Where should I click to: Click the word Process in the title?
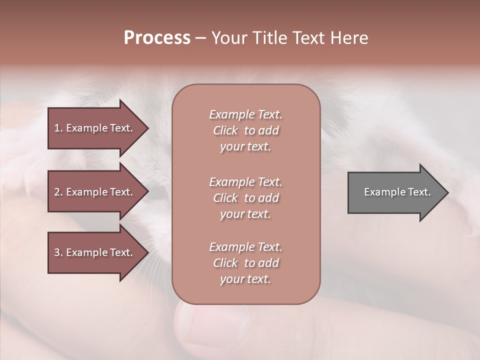tap(157, 38)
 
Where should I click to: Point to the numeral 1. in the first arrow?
tap(58, 128)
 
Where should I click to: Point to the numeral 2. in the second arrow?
tap(58, 192)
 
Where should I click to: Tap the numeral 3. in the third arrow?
tap(58, 252)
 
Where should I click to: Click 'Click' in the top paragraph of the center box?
tap(225, 130)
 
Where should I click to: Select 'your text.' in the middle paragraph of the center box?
tap(245, 214)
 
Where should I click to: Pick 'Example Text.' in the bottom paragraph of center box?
tap(245, 247)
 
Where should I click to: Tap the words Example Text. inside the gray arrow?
tap(397, 192)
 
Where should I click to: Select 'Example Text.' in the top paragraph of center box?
tap(245, 114)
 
